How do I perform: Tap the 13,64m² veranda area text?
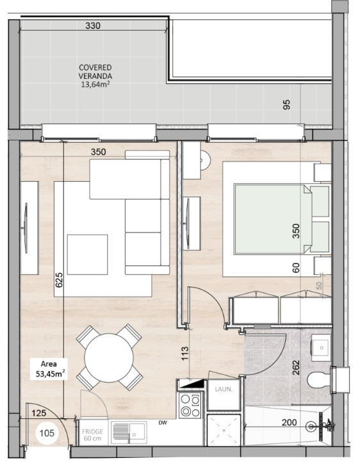tap(95, 83)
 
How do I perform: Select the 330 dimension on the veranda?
tap(94, 26)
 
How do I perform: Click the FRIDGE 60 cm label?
tap(93, 436)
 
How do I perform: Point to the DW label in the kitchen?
tap(164, 423)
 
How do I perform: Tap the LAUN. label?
tap(223, 389)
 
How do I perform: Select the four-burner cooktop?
tap(190, 405)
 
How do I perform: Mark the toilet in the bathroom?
tap(318, 380)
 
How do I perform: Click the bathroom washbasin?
tap(320, 348)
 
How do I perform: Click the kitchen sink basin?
tap(122, 432)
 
